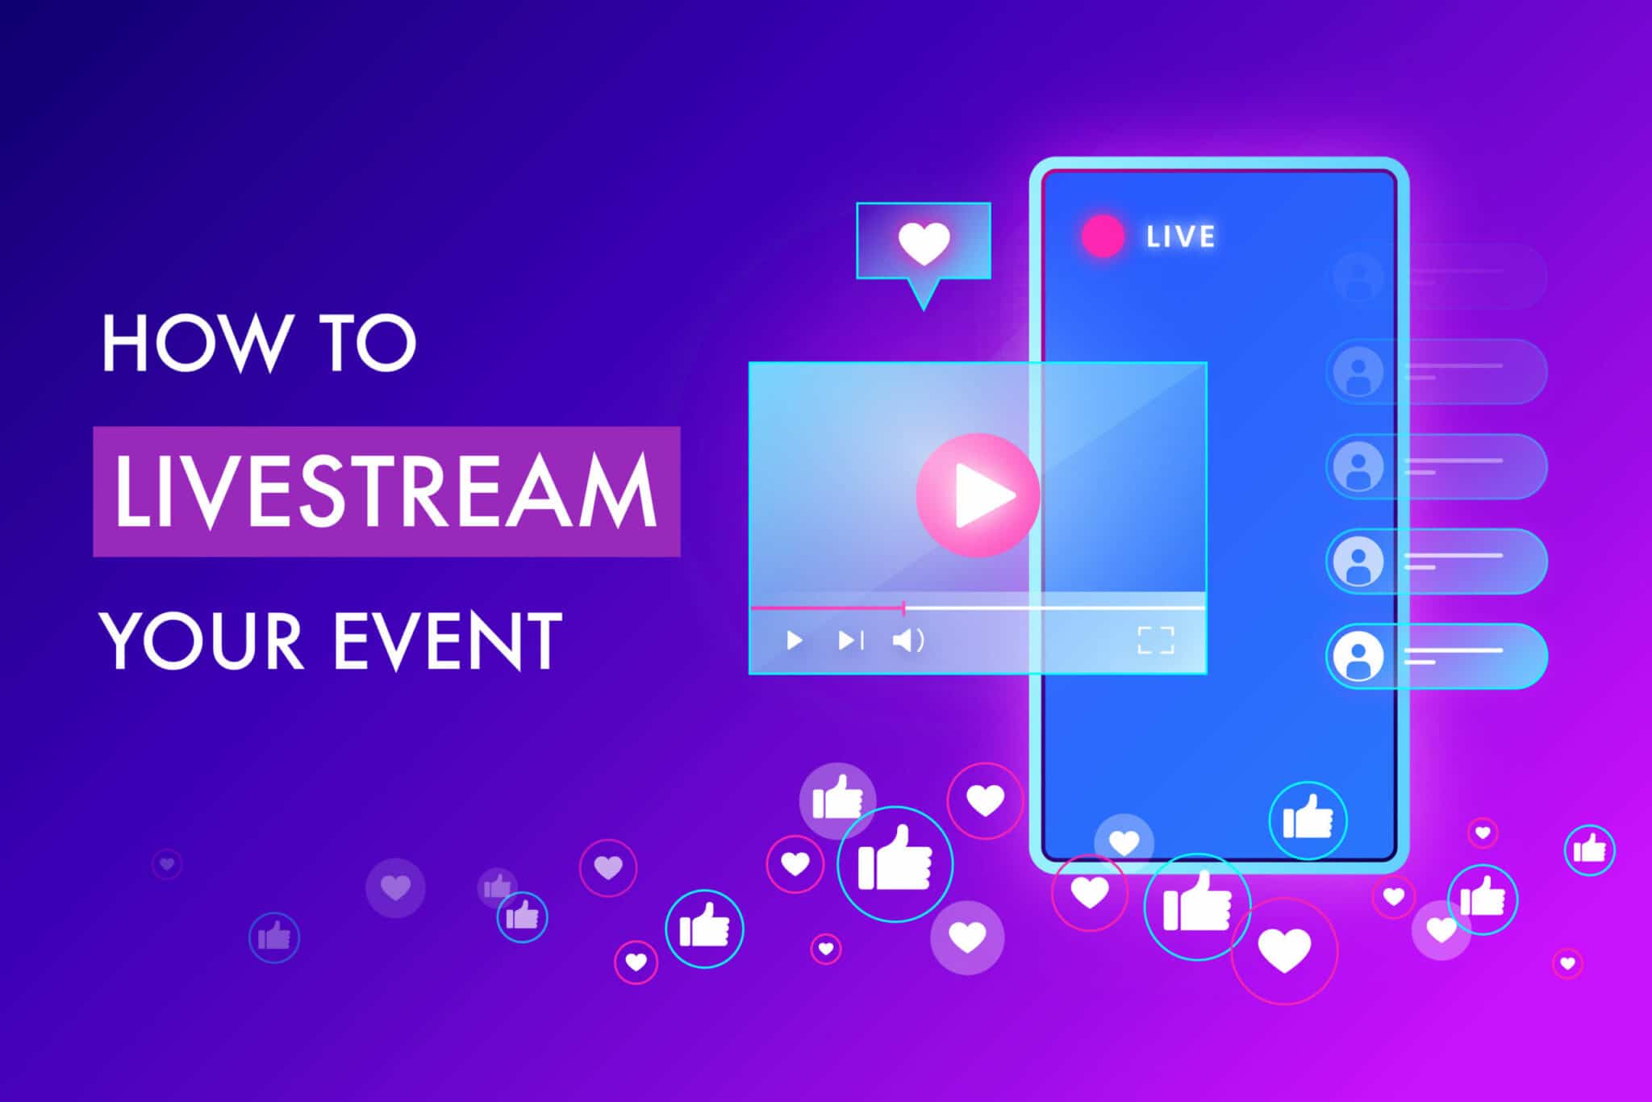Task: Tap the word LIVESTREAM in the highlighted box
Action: tap(386, 491)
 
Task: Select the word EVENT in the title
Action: tap(448, 641)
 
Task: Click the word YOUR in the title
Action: tap(202, 641)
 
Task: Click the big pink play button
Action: tap(978, 495)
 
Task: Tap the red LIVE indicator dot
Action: tap(1103, 236)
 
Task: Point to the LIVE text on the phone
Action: tap(1180, 236)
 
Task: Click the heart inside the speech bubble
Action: tap(924, 242)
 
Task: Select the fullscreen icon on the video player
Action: tap(1155, 640)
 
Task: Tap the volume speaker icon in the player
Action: tap(907, 641)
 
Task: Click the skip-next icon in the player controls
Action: tap(850, 641)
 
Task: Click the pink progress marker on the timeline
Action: tap(903, 607)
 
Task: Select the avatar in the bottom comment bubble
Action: tap(1358, 656)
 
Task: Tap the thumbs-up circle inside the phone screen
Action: tap(1308, 820)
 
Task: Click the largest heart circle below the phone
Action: tap(1284, 950)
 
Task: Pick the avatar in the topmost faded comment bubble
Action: tap(1358, 276)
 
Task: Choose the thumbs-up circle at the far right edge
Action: tap(1589, 849)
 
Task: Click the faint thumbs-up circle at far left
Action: tap(274, 937)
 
